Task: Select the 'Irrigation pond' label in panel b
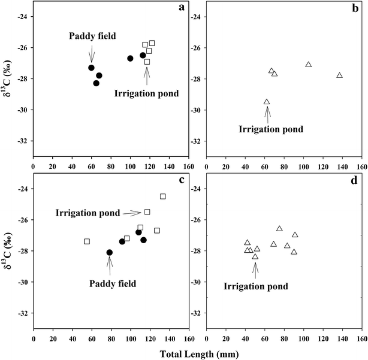click(x=271, y=129)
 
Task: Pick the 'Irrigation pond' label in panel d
click(x=255, y=286)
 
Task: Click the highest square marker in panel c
click(x=163, y=196)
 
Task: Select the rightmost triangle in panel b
click(x=339, y=75)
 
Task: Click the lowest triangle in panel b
click(x=267, y=102)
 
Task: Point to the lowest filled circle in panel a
click(x=96, y=83)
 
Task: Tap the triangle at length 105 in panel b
click(x=308, y=65)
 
